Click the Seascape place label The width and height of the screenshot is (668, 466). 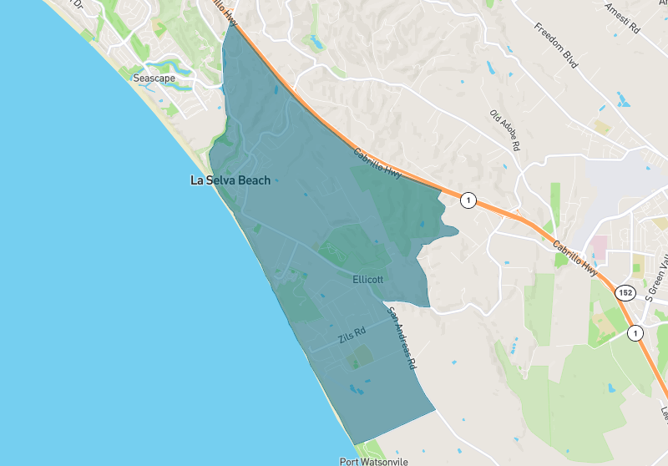click(154, 78)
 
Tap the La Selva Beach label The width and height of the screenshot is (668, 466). click(230, 180)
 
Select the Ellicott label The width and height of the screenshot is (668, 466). click(367, 280)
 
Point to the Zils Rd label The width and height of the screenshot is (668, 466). click(352, 337)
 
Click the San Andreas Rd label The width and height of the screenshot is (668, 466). click(401, 338)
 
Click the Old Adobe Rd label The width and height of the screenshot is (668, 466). click(505, 131)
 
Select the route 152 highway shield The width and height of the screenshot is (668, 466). click(625, 293)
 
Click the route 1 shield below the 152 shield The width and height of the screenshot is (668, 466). click(635, 332)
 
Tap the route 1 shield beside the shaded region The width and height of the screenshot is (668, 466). click(468, 200)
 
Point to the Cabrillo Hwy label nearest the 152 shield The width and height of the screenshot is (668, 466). click(575, 256)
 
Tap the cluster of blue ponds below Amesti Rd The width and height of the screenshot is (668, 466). click(623, 99)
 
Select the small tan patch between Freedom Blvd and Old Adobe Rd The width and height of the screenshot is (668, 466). click(602, 127)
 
